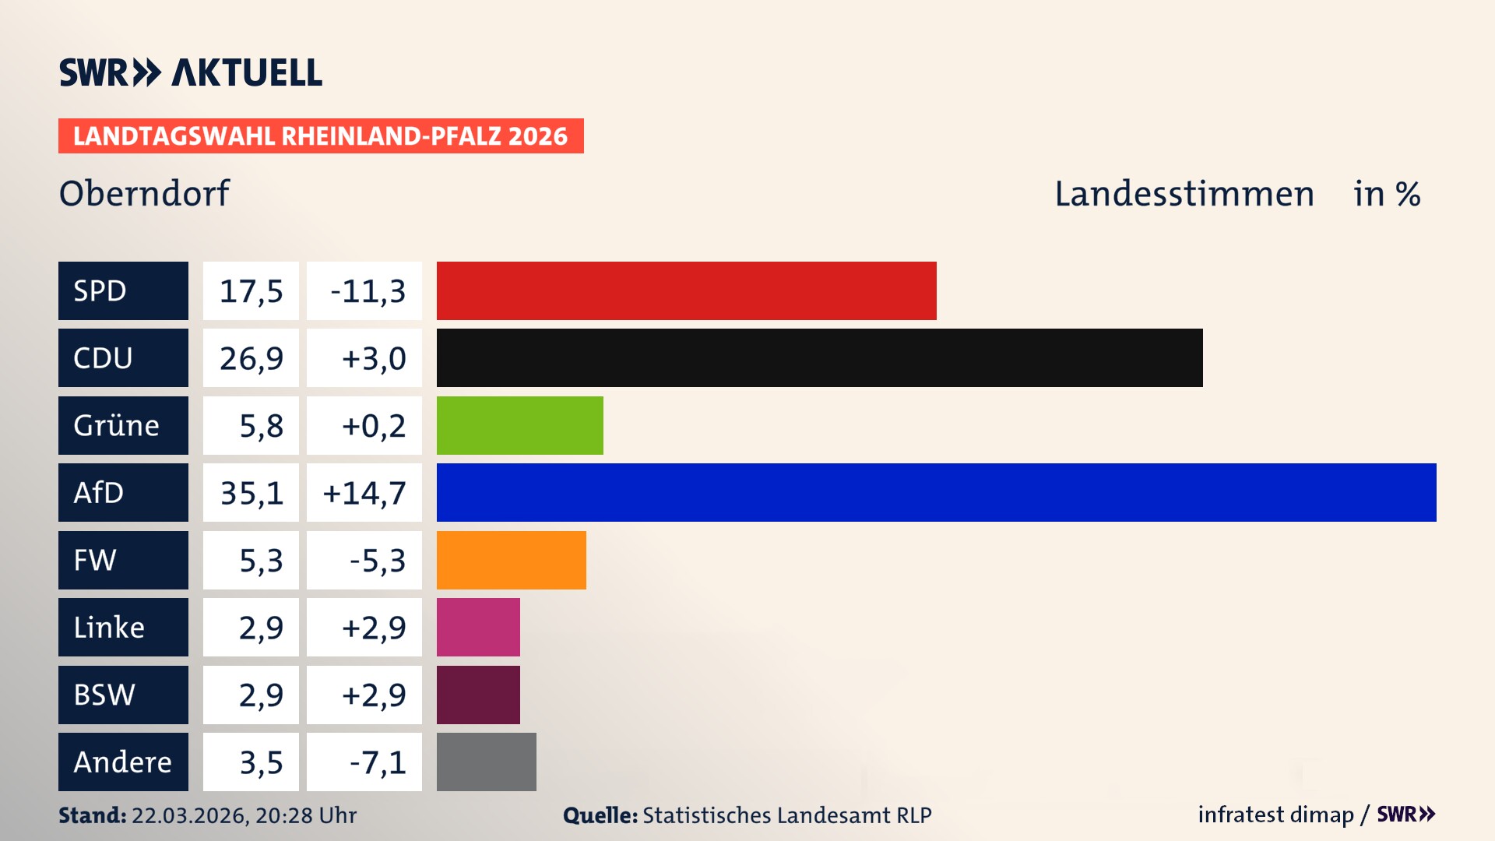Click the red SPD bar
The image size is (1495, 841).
click(x=686, y=290)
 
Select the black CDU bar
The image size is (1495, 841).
click(x=819, y=357)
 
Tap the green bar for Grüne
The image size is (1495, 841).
click(x=519, y=425)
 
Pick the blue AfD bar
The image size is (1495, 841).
click(x=936, y=492)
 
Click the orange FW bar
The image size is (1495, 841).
click(x=511, y=560)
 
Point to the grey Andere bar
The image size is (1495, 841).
click(x=486, y=762)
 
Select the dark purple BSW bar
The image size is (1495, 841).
click(x=478, y=695)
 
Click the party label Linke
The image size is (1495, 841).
click(x=109, y=628)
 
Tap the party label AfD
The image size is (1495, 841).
click(x=99, y=493)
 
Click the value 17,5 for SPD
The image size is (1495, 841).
click(x=251, y=291)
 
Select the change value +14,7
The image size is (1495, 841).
click(x=364, y=493)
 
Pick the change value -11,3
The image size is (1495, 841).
click(x=368, y=291)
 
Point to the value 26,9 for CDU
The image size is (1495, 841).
click(x=251, y=358)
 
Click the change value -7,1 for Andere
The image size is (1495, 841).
click(x=377, y=762)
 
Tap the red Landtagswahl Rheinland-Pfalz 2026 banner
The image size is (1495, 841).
click(x=321, y=136)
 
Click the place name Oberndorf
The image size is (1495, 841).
click(x=145, y=193)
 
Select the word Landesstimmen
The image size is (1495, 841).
click(x=1184, y=194)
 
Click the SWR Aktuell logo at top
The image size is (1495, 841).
click(x=191, y=72)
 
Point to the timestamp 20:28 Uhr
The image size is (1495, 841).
click(x=305, y=815)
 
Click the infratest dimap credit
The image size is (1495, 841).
click(x=1275, y=815)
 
